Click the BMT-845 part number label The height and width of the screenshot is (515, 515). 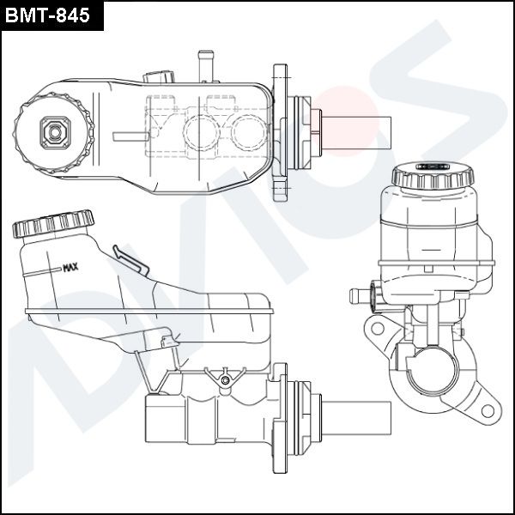[x=47, y=15]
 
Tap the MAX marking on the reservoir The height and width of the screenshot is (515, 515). [x=70, y=267]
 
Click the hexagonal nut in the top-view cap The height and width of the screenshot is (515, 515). [x=55, y=132]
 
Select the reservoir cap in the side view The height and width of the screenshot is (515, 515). [x=53, y=223]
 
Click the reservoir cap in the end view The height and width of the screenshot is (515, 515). [x=433, y=175]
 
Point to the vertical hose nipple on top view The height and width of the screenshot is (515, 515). [x=206, y=66]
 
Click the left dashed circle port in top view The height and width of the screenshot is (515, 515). [x=201, y=133]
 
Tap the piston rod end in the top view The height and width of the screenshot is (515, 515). [x=356, y=133]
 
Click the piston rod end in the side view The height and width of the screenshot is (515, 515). [x=356, y=418]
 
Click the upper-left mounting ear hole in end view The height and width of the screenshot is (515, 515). [x=378, y=328]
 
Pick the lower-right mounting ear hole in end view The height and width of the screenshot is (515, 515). [x=488, y=411]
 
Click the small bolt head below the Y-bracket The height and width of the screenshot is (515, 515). [x=225, y=380]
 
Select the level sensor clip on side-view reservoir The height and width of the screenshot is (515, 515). [x=130, y=260]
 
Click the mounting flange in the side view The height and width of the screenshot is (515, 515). [x=280, y=418]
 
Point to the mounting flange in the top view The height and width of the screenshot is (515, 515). [x=280, y=132]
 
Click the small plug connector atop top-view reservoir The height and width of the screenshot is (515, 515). [x=159, y=77]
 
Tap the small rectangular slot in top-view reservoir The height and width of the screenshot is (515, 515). [x=130, y=136]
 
